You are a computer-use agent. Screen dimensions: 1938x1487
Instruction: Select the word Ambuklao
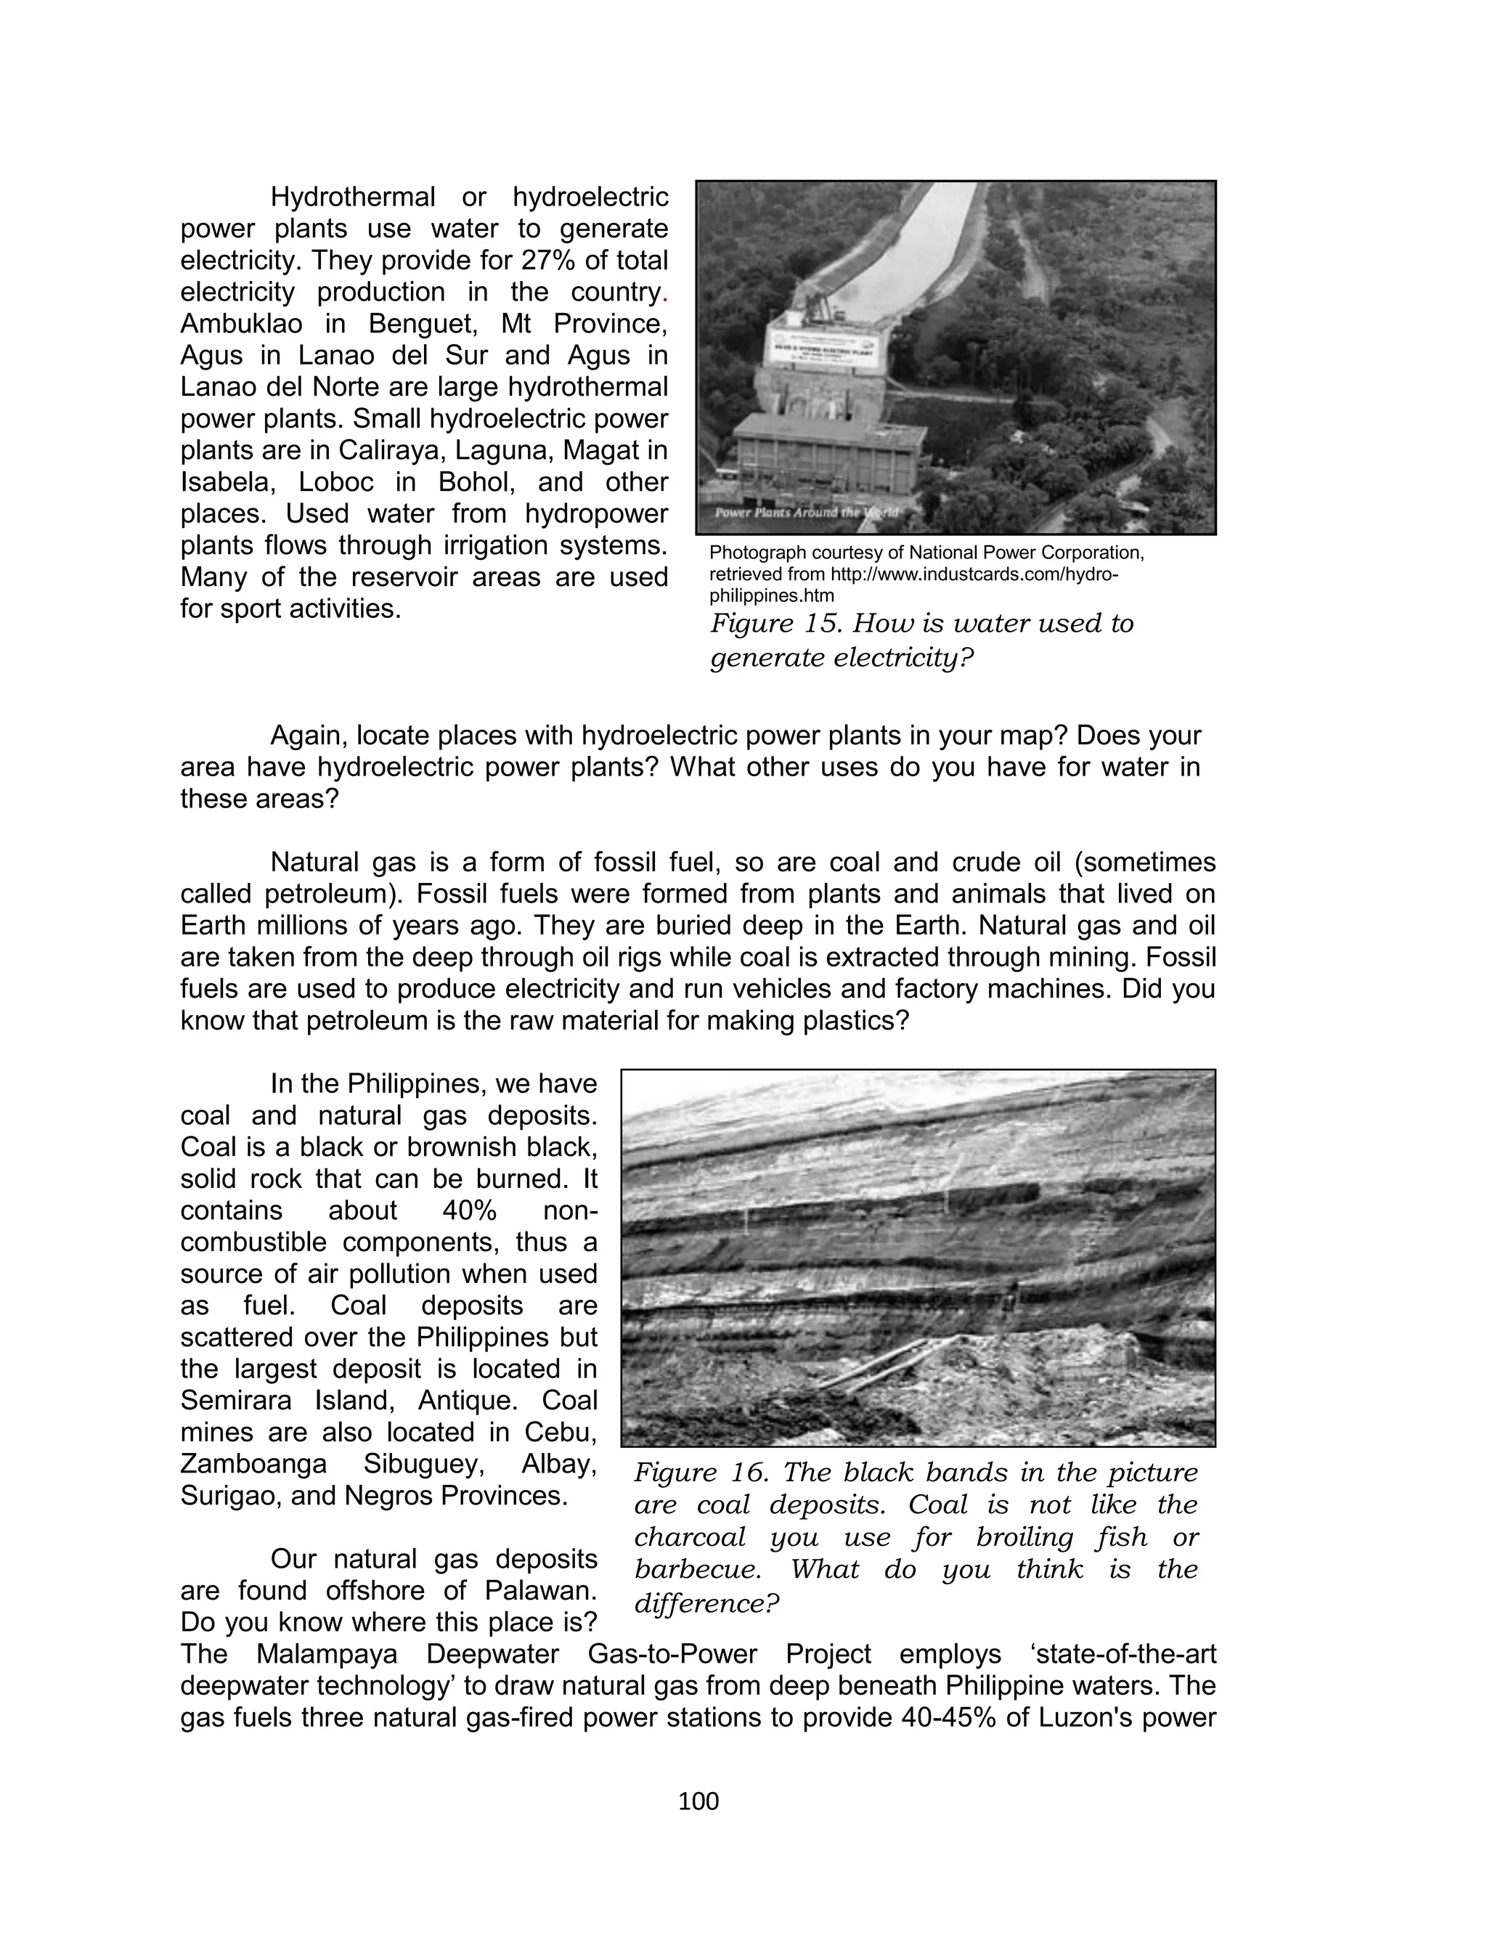229,324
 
